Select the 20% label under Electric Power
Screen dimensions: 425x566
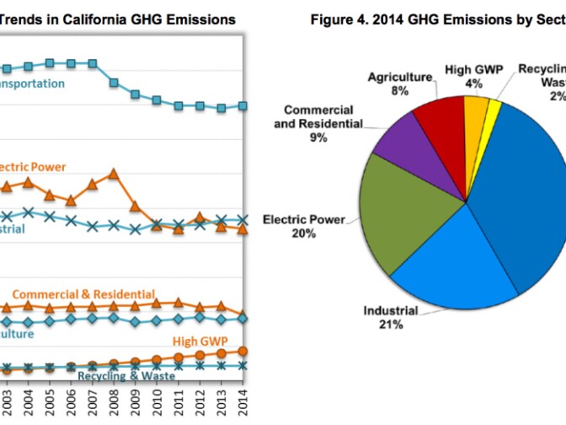pyautogui.click(x=303, y=234)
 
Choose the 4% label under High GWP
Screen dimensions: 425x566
pyautogui.click(x=476, y=83)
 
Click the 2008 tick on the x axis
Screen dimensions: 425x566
pyautogui.click(x=114, y=397)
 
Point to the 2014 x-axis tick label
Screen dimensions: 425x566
pyautogui.click(x=243, y=397)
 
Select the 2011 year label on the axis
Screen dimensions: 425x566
pyautogui.click(x=178, y=397)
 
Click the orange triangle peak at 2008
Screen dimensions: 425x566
pyautogui.click(x=114, y=174)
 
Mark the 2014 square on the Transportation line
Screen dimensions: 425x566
pyautogui.click(x=243, y=105)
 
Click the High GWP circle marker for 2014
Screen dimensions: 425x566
pyautogui.click(x=243, y=351)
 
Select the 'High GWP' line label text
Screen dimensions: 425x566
pyautogui.click(x=199, y=341)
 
